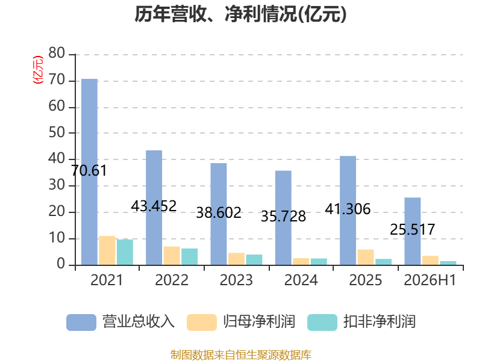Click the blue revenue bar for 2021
[x=89, y=172]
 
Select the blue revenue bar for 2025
[x=348, y=211]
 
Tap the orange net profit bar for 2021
[x=107, y=250]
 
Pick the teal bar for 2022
[x=189, y=257]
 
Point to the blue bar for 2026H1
[x=413, y=231]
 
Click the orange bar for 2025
[x=366, y=258]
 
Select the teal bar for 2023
[x=254, y=260]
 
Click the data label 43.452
[x=154, y=206]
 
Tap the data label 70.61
[x=89, y=171]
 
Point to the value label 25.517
[x=413, y=230]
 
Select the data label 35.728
[x=283, y=217]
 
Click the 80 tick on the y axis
[x=57, y=54]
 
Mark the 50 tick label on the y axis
[x=57, y=132]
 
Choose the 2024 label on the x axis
[x=301, y=280]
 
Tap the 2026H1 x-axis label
[x=430, y=280]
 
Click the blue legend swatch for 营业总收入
[x=81, y=322]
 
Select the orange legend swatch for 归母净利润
[x=202, y=322]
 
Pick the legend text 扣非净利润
[x=380, y=322]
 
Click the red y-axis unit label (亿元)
[x=38, y=70]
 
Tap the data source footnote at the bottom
[x=241, y=355]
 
